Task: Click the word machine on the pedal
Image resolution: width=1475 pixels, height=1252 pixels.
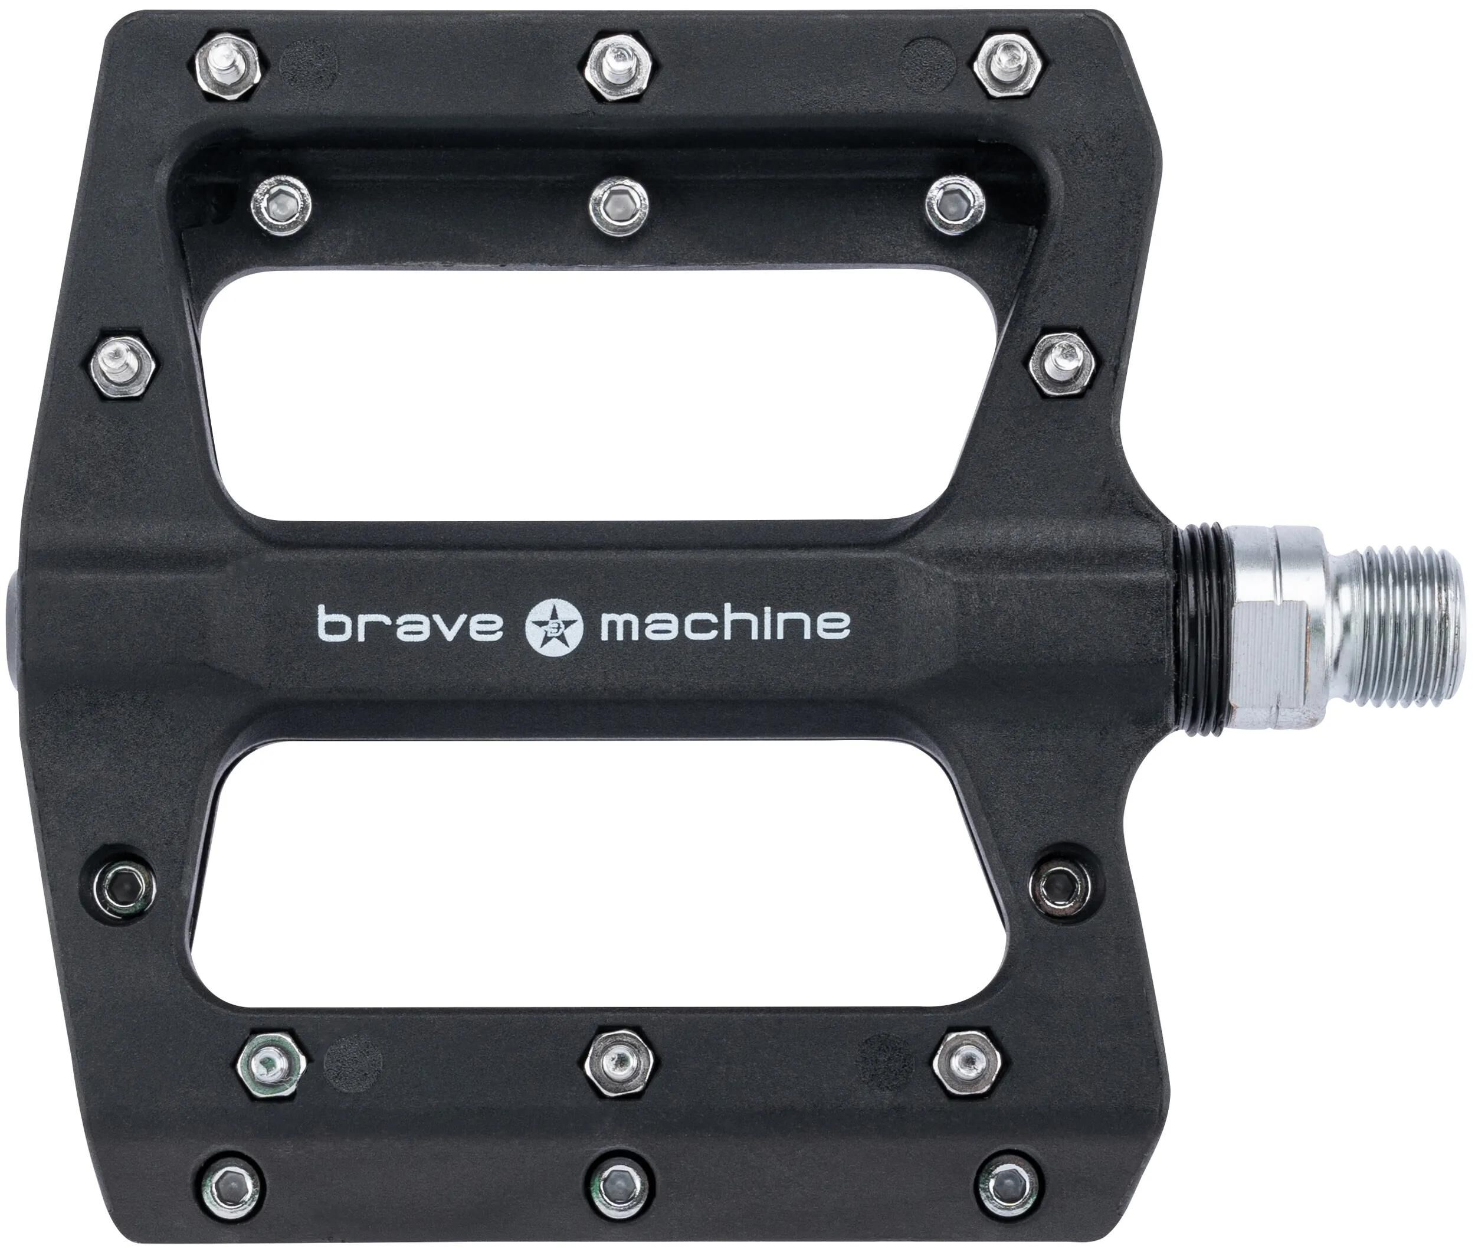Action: coord(725,623)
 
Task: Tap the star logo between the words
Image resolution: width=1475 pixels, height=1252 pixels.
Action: coord(553,625)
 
